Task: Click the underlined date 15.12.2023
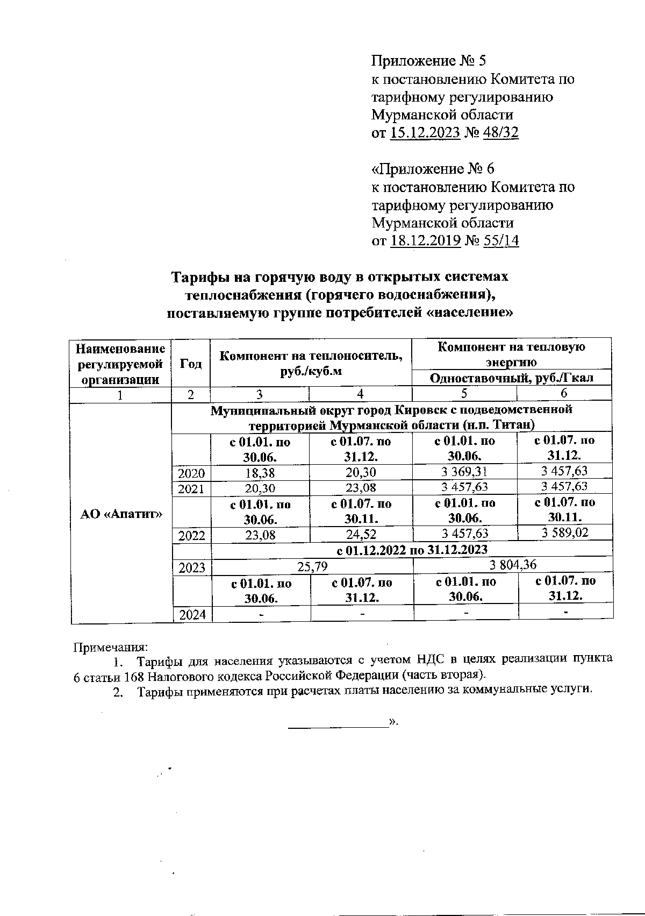click(x=425, y=133)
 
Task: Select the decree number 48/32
click(x=501, y=133)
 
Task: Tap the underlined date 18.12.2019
click(x=425, y=240)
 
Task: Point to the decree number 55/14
click(x=501, y=240)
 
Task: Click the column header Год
click(x=191, y=363)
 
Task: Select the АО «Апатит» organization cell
click(x=121, y=513)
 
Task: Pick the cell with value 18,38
click(x=260, y=473)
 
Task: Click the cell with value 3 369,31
click(x=465, y=472)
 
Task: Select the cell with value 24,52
click(x=361, y=535)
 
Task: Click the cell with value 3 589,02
click(x=564, y=534)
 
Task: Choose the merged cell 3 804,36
click(x=513, y=565)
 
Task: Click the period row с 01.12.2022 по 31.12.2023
click(x=412, y=550)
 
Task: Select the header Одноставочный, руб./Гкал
click(x=511, y=378)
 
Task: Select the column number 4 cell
click(x=361, y=394)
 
